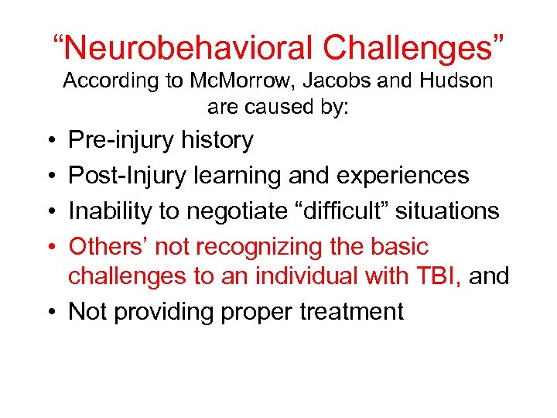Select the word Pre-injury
click(121, 140)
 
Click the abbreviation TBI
click(437, 276)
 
